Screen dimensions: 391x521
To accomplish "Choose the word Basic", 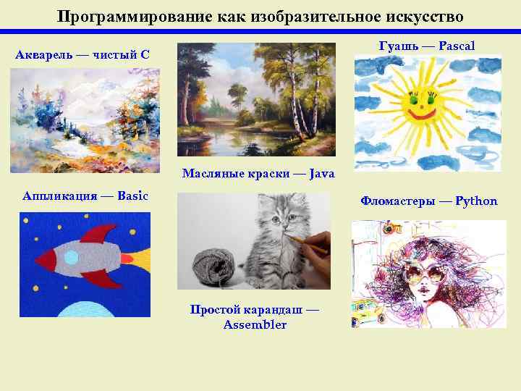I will [132, 195].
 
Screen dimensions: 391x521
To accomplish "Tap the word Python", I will [476, 201].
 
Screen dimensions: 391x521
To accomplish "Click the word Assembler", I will [255, 324].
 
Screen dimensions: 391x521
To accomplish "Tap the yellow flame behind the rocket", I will [140, 258].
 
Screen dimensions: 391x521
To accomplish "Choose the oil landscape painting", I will [256, 99].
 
